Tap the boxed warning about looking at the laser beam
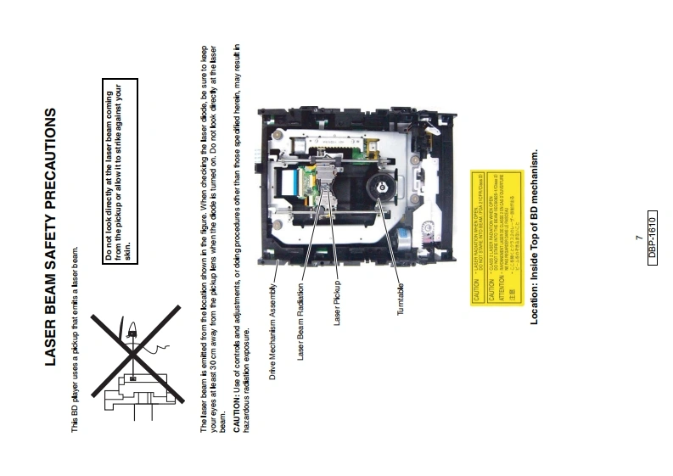pos(119,169)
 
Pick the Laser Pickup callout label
pos(337,302)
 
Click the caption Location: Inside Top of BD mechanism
pos(534,238)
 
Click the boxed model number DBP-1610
pos(652,238)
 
